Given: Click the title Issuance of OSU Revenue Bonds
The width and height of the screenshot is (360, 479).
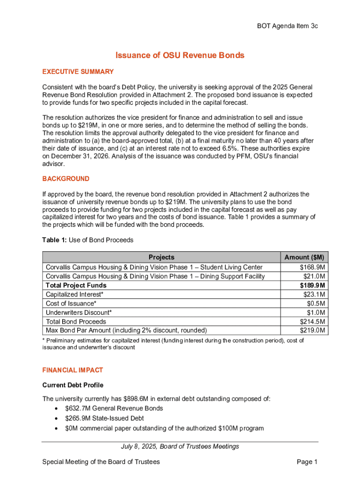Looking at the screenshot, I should (180, 56).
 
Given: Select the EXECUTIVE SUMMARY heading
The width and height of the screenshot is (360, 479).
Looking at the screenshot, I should (78, 72).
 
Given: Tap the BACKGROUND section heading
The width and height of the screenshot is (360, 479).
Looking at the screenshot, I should (66, 179).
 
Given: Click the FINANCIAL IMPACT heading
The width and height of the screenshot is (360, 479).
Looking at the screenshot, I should (72, 370).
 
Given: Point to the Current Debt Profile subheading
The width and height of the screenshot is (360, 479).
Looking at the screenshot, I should (72, 385).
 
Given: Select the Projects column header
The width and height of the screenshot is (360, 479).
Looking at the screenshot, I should (161, 257).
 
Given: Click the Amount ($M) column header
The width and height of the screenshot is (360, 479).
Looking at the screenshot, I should (304, 257).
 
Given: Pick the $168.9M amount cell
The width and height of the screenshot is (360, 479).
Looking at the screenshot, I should (312, 267).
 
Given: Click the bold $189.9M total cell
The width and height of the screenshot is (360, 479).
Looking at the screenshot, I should (312, 285).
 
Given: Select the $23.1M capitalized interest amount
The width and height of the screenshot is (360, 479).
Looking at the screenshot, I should (314, 294).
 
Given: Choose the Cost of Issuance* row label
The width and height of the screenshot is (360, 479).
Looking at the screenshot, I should (71, 304).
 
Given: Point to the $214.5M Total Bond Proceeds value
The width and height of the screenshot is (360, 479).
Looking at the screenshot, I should (312, 322).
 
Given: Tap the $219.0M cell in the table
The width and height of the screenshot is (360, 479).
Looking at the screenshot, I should (312, 331).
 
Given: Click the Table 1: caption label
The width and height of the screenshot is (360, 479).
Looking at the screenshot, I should (55, 240).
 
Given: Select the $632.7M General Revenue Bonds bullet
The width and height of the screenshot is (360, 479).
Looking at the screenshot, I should (114, 408).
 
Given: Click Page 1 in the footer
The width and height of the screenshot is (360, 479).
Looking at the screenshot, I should (307, 462).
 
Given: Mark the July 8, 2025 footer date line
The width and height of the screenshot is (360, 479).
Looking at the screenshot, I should (180, 446).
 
